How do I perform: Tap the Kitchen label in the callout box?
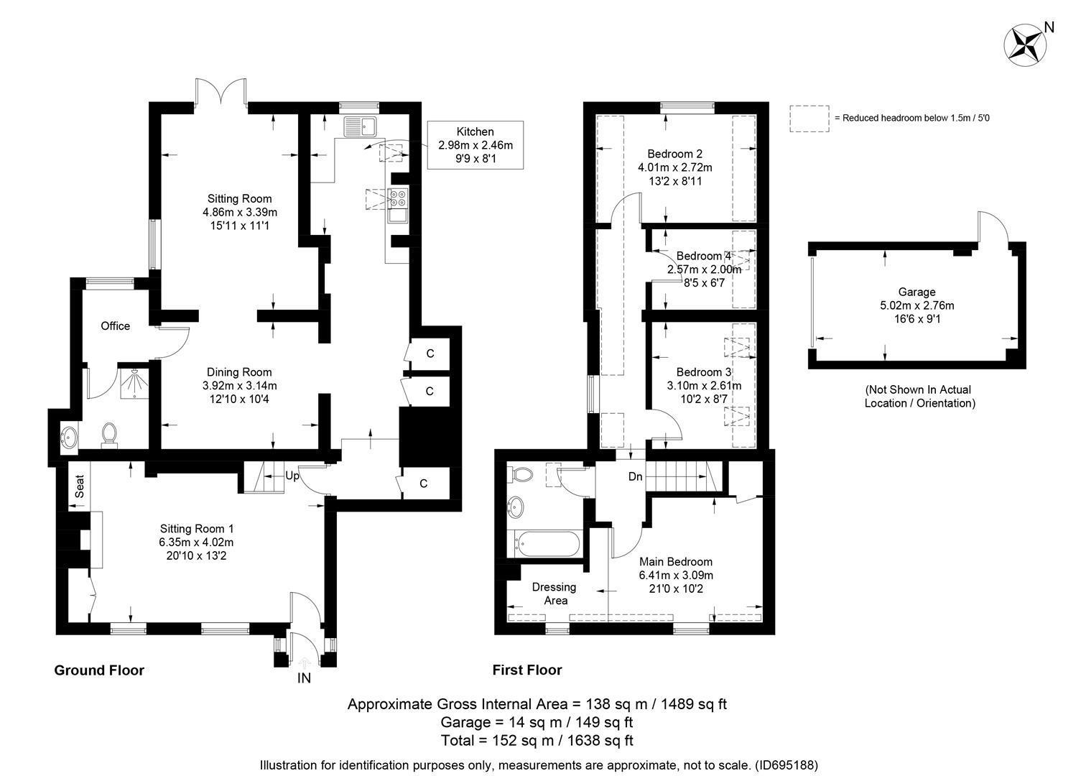[475, 131]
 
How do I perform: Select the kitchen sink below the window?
[360, 126]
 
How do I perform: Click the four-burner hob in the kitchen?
[399, 198]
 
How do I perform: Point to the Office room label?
[116, 326]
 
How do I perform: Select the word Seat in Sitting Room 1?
[80, 486]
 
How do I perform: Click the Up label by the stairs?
[292, 476]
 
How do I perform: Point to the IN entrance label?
[304, 678]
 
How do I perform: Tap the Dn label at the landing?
[635, 476]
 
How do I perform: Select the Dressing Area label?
[555, 593]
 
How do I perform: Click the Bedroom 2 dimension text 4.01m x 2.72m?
[675, 167]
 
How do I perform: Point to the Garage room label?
[917, 292]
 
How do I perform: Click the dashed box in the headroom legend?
[809, 119]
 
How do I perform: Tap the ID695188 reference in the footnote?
[786, 765]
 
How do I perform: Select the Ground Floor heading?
[99, 670]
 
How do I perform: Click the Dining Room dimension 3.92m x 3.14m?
[240, 385]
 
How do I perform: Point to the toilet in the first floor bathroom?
[521, 474]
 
